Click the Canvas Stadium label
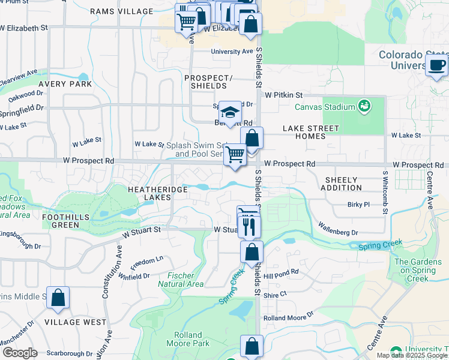[325, 107]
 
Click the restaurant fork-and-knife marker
[249, 226]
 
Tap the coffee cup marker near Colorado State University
[436, 65]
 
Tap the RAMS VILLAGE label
[122, 11]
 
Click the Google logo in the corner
[20, 353]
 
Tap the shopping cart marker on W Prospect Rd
[235, 155]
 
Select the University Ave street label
[232, 52]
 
